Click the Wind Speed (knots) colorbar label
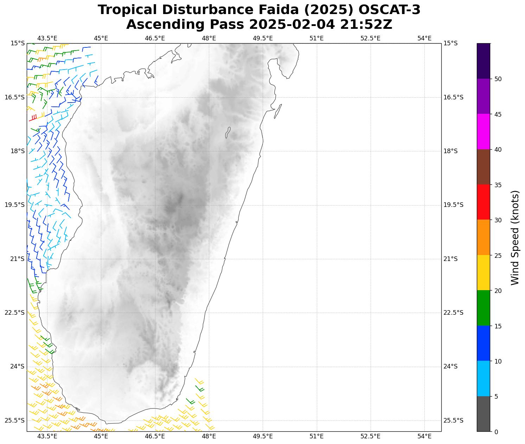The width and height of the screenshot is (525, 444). (515, 237)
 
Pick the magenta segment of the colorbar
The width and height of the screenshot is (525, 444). (483, 132)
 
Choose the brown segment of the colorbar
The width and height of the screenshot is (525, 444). (483, 167)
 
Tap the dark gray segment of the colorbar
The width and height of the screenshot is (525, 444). (483, 414)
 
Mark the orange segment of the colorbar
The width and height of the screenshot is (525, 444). (483, 237)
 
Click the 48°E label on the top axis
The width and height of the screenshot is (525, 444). (209, 38)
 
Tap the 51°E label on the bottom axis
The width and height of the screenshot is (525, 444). (316, 437)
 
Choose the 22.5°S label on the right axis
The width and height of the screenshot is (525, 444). (454, 313)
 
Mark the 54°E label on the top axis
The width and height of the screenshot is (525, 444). (424, 38)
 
